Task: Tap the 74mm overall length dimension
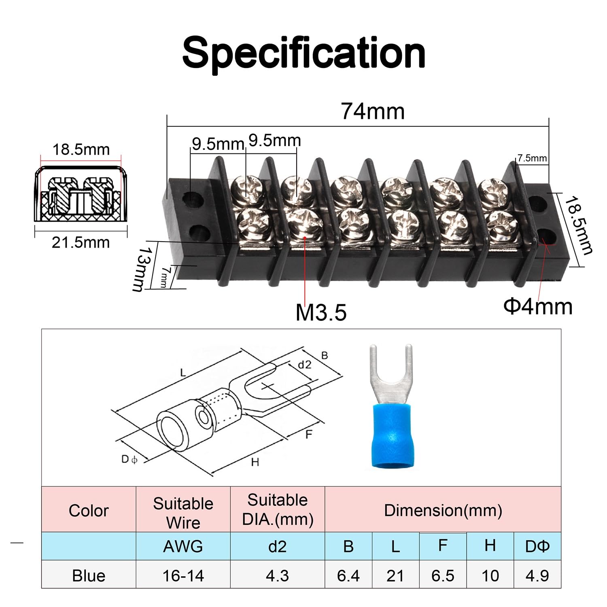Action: pos(372,111)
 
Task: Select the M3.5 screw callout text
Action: pos(321,312)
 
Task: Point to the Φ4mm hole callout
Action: pos(538,306)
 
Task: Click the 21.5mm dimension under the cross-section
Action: pos(81,242)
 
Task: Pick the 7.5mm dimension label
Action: pos(532,158)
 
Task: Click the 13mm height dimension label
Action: pos(139,269)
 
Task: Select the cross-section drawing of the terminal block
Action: pos(81,194)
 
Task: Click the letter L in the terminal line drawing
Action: pos(183,372)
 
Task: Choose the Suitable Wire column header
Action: pos(183,512)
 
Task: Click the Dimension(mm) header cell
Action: pos(443,510)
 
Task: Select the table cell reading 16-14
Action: pos(183,575)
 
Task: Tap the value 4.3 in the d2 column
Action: pos(277,575)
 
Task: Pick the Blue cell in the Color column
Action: pos(89,575)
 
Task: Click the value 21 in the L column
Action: pos(395,575)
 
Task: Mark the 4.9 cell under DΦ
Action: pos(537,575)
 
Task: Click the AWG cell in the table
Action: pos(183,546)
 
